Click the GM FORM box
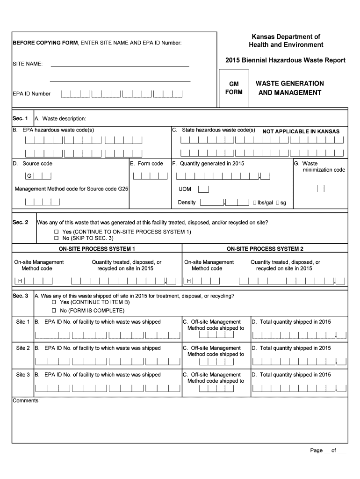(234, 88)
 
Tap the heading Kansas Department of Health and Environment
(286, 41)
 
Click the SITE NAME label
(28, 64)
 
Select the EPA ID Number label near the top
(32, 94)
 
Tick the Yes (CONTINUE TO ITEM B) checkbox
(54, 303)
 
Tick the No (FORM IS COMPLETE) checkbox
(54, 311)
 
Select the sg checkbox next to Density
(277, 203)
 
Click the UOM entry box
(204, 189)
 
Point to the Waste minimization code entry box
(321, 189)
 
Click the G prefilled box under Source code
(29, 176)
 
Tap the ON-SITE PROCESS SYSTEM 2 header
(265, 249)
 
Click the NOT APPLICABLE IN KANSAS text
(301, 131)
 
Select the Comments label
(26, 401)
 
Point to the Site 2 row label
(23, 348)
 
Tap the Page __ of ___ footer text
(328, 450)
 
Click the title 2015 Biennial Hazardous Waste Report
(285, 60)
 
